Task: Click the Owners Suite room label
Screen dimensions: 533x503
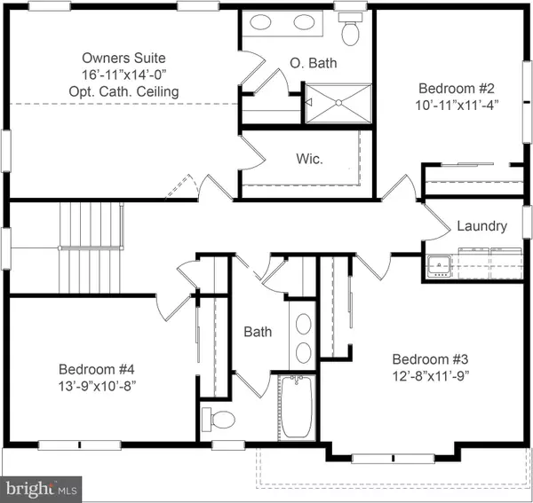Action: [x=123, y=58]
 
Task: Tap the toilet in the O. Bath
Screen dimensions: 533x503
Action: [x=351, y=29]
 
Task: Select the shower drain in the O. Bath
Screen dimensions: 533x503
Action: [x=338, y=103]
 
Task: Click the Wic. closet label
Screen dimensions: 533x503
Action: [x=309, y=159]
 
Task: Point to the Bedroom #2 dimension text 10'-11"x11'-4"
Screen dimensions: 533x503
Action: [x=457, y=105]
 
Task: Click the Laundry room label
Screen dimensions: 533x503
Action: [x=481, y=226]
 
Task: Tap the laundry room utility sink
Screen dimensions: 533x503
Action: [x=439, y=266]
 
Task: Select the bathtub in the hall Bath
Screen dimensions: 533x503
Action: [x=297, y=407]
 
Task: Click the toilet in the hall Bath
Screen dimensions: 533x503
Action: [x=219, y=420]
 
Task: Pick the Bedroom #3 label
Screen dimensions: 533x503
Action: [x=430, y=359]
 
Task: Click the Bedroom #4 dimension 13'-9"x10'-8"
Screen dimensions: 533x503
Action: [x=97, y=386]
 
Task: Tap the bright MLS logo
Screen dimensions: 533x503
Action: [x=41, y=490]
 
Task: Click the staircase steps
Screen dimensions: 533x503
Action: [x=91, y=248]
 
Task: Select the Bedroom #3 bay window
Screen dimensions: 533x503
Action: [x=394, y=459]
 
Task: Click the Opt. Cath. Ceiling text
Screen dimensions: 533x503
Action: [x=123, y=91]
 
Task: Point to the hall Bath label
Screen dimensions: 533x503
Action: [x=258, y=332]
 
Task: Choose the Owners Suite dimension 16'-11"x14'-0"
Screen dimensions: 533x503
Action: [x=123, y=75]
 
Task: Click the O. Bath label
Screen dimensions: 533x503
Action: [x=314, y=63]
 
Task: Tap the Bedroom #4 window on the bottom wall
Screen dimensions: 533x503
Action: [x=80, y=445]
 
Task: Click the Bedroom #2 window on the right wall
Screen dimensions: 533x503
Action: [x=528, y=102]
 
